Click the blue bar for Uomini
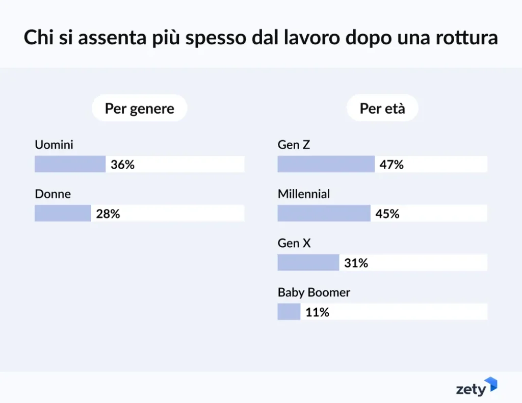(x=70, y=164)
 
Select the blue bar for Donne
(x=63, y=213)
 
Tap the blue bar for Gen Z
(x=326, y=164)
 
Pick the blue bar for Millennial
(x=324, y=213)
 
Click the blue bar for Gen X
(x=308, y=262)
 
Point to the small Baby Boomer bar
(x=289, y=312)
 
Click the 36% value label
(x=122, y=165)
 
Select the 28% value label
(x=108, y=214)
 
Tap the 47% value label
(x=391, y=165)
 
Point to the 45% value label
(x=387, y=214)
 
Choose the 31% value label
(x=356, y=263)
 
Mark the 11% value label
(x=317, y=312)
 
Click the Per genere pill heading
(x=139, y=108)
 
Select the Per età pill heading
(x=382, y=108)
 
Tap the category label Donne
(x=53, y=194)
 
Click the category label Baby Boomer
(x=314, y=292)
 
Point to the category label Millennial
(x=304, y=194)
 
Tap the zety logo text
(x=471, y=390)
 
